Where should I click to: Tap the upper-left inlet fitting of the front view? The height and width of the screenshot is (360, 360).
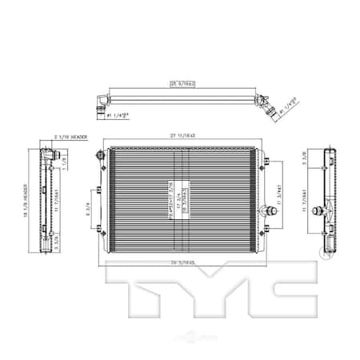[x=100, y=157]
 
